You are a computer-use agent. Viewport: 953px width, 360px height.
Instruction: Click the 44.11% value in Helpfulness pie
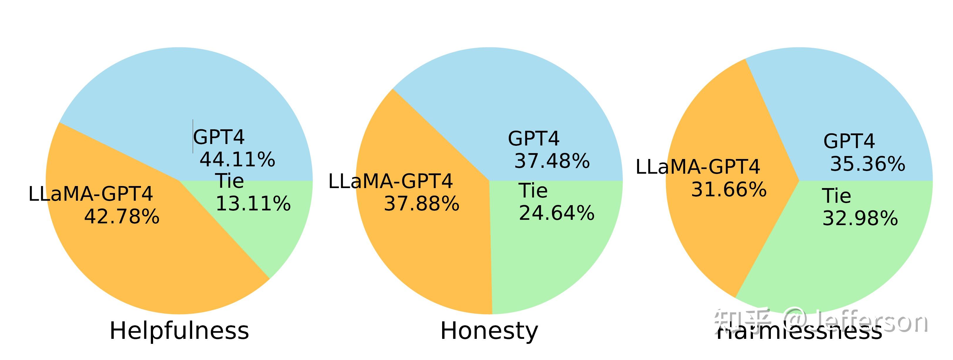(x=237, y=160)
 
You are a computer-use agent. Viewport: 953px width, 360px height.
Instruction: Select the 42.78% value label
(x=122, y=217)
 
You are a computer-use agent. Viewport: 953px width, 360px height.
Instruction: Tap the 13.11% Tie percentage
(x=253, y=203)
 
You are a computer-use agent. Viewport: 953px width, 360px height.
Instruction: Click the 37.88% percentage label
(x=422, y=203)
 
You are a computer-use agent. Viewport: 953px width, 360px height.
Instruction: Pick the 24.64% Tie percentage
(x=556, y=213)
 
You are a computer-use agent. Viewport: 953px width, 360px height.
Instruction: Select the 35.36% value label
(x=868, y=164)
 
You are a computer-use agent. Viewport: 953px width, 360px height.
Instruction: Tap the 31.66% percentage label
(x=729, y=190)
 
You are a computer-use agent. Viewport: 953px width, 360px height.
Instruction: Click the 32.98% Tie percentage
(x=860, y=218)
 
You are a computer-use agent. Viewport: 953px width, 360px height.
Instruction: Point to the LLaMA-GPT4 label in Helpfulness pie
(x=91, y=194)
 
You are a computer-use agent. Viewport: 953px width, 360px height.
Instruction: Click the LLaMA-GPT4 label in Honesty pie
(x=391, y=181)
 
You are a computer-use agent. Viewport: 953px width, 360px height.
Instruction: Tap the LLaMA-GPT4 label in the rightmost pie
(x=698, y=167)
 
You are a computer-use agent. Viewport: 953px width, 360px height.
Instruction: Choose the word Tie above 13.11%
(x=230, y=181)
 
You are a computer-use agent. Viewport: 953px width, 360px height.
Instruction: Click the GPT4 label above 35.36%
(x=849, y=141)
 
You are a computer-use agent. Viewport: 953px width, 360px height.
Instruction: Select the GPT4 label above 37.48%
(x=533, y=139)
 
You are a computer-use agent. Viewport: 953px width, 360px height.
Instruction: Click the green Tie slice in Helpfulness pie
(x=281, y=237)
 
